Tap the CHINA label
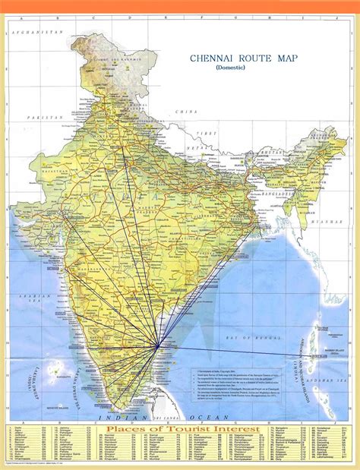[182, 112]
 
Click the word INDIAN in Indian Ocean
[131, 417]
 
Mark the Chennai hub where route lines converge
[158, 345]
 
